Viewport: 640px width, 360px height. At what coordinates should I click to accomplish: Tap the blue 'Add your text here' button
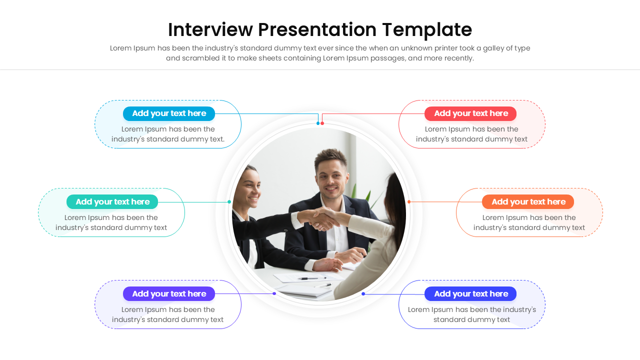169,113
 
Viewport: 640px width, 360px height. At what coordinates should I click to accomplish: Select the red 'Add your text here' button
470,113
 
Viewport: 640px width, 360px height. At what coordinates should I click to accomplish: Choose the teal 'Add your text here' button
112,202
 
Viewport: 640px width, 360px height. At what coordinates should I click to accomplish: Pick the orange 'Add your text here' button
528,202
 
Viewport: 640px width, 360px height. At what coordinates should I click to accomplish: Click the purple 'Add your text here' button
169,294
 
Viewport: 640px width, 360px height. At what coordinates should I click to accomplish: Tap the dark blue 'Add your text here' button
470,294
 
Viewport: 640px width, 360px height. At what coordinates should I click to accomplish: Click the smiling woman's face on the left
248,190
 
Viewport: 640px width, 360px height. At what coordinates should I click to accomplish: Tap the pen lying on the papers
313,278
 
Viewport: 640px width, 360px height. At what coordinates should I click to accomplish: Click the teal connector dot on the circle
229,202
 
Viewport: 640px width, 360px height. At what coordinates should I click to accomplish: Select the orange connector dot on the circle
409,202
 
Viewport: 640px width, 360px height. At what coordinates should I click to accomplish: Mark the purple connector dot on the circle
274,293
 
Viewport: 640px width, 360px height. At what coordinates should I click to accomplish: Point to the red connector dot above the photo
322,123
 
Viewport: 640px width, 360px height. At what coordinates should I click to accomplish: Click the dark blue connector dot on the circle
363,294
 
